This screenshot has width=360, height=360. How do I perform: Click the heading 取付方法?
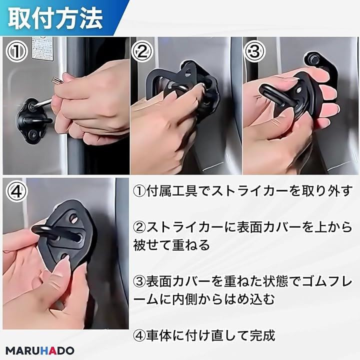click(55, 18)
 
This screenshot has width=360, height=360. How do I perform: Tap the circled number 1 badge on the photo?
click(16, 51)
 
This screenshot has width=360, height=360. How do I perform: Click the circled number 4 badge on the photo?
click(16, 191)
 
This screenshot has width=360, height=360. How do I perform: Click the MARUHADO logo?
click(39, 350)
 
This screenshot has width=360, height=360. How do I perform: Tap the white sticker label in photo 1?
click(42, 48)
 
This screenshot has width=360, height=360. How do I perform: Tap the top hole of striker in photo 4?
click(74, 217)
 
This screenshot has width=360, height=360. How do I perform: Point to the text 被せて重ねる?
click(171, 244)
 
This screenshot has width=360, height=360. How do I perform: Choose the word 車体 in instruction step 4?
click(158, 335)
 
